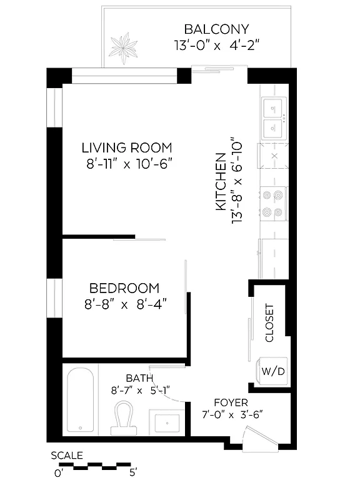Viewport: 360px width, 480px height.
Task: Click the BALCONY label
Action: point(216,29)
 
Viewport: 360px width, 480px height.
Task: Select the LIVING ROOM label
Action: point(127,148)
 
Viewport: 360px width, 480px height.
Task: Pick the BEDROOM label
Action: point(124,288)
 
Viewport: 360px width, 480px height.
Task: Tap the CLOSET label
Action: point(269,323)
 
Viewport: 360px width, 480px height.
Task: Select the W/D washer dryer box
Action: point(273,371)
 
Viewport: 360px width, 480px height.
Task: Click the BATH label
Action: point(137,378)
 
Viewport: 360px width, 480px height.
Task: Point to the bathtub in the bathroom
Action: point(81,400)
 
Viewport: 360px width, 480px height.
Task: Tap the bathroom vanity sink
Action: point(166,422)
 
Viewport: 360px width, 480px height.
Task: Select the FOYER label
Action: point(231,402)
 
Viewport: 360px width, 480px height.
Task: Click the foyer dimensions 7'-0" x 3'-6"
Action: point(231,414)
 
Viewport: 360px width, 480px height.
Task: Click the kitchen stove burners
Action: point(274,203)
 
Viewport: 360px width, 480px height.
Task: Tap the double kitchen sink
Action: point(274,118)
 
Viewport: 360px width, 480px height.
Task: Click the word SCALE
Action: point(66,455)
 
